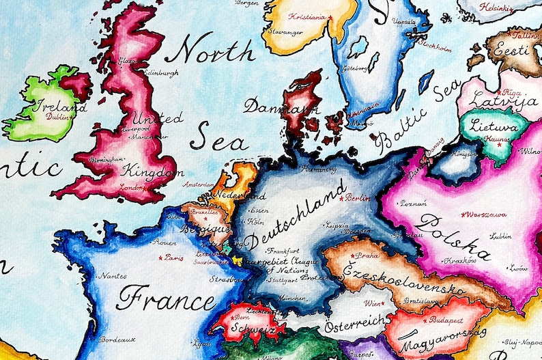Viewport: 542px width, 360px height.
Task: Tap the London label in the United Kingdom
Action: tap(132, 186)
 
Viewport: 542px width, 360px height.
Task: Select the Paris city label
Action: tap(174, 258)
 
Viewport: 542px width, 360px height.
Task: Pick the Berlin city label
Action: tap(358, 198)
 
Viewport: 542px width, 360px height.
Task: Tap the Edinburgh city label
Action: tap(161, 73)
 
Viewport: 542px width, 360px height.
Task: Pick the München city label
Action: tap(293, 299)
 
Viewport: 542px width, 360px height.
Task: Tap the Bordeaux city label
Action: tap(117, 339)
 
